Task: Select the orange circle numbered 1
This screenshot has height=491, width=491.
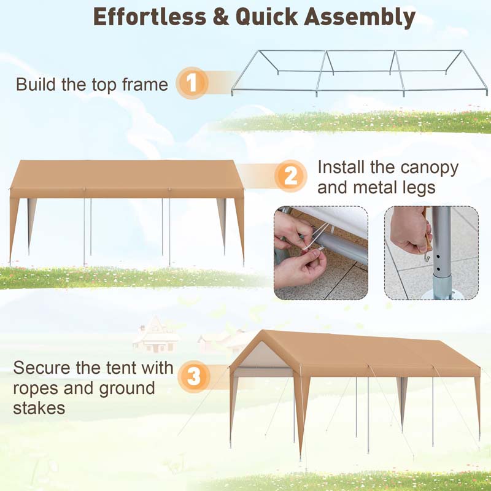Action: [192, 83]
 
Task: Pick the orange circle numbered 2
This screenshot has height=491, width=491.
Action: [290, 177]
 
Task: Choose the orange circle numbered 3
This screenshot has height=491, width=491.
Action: [194, 376]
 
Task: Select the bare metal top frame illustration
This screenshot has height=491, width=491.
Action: [359, 72]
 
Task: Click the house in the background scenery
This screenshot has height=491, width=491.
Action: [156, 336]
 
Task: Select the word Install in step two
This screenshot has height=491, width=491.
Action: [339, 167]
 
